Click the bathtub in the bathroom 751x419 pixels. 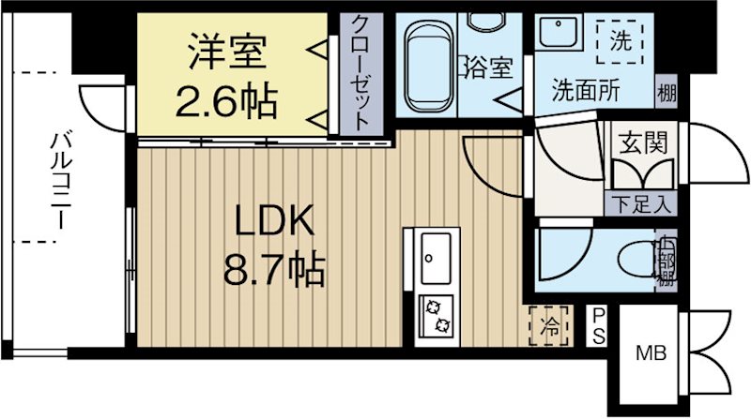point(424,65)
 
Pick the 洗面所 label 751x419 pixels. point(584,91)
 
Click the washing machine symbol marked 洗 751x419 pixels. point(621,41)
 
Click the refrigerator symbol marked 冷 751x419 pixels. point(550,326)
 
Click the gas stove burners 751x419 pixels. point(437,316)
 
